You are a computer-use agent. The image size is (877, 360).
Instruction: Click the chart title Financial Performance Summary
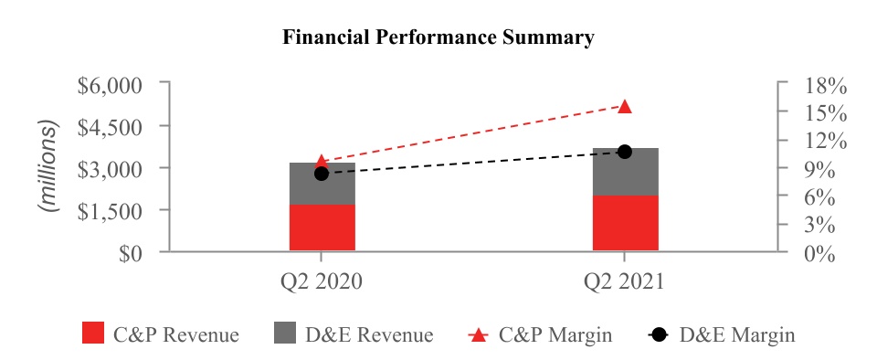coord(438,37)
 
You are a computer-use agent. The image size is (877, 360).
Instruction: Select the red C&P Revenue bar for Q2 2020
coord(322,228)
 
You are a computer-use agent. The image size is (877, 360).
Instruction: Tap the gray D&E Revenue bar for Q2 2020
coord(322,184)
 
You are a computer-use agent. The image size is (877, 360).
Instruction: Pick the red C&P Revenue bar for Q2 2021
coord(625,224)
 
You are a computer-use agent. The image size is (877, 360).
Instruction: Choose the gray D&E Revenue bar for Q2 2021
coord(625,172)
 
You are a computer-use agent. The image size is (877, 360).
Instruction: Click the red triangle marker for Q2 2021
coord(625,106)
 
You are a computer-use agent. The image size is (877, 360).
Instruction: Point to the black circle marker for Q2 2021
coord(625,152)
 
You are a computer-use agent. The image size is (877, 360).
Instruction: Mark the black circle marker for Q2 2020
coord(322,174)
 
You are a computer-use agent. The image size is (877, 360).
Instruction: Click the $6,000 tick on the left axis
coord(165,81)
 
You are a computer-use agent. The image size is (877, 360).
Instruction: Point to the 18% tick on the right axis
coord(783,81)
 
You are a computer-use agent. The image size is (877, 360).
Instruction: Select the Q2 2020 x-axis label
coord(322,281)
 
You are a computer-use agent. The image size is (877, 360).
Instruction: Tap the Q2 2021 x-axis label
coord(624,281)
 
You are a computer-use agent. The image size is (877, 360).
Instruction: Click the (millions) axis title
coord(49,166)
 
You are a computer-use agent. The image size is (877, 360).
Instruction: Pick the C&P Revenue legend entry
coord(161,334)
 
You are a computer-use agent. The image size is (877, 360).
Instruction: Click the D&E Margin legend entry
coord(722,334)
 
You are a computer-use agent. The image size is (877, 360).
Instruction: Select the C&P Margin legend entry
coord(540,334)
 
